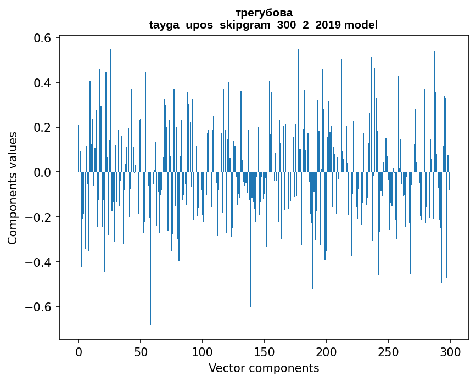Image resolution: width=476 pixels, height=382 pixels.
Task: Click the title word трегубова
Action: tap(264, 13)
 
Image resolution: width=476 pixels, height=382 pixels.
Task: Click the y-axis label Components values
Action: tap(13, 188)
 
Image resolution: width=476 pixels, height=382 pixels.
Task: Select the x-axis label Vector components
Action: tap(264, 368)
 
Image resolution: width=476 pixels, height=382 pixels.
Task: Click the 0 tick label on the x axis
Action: tap(79, 351)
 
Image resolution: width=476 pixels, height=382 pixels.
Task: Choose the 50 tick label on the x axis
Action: tap(141, 351)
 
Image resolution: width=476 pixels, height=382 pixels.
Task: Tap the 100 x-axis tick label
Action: tap(203, 351)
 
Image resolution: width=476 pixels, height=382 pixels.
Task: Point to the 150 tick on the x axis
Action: tap(265, 351)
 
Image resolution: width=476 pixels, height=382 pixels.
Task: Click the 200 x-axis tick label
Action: tap(327, 351)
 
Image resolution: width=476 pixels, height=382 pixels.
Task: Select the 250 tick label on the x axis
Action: tap(389, 351)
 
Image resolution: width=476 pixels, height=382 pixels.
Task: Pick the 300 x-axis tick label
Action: tap(451, 351)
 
